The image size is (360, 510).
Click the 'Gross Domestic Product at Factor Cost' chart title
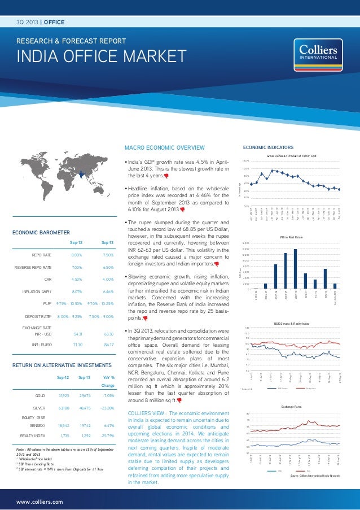pos(291,155)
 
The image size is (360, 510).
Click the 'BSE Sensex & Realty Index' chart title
pos(291,324)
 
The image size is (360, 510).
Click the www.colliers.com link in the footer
pos(39,500)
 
